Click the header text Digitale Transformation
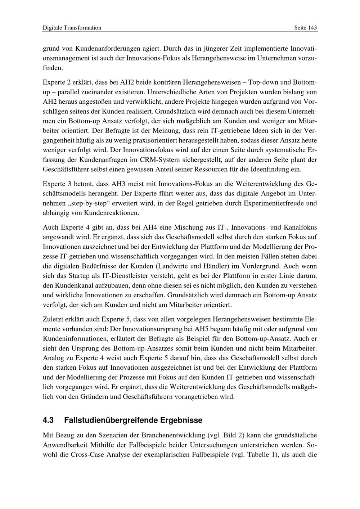coord(72,28)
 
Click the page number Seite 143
coord(305,28)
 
